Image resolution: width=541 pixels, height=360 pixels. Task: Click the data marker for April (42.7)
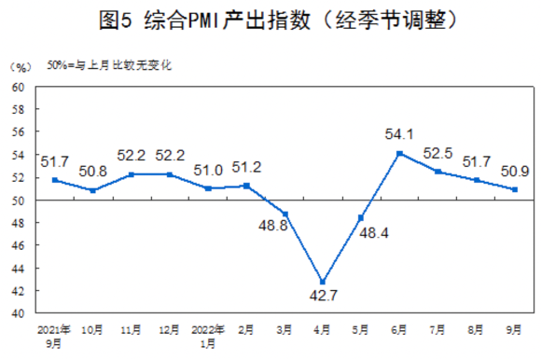tap(323, 282)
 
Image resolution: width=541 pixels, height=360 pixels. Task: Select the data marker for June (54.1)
tap(399, 153)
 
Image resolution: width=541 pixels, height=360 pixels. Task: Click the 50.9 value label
tap(516, 171)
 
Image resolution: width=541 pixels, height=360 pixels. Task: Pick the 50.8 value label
tap(92, 172)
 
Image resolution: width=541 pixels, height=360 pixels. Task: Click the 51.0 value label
tap(207, 170)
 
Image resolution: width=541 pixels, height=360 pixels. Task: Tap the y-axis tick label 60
tap(18, 88)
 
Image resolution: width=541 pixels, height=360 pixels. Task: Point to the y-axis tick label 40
tap(18, 313)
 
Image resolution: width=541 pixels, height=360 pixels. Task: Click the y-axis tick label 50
tap(18, 201)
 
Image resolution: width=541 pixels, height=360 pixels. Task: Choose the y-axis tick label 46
tap(18, 245)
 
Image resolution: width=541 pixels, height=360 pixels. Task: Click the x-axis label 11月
tap(131, 328)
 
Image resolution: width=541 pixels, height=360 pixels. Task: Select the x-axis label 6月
tap(399, 328)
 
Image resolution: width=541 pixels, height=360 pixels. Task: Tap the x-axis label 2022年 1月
tap(207, 334)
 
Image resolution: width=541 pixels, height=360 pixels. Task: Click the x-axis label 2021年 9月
tap(54, 334)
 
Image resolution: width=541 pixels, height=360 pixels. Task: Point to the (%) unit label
tap(20, 68)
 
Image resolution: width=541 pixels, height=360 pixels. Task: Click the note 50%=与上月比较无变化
tap(109, 67)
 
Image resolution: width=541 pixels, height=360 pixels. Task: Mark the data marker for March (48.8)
tap(284, 214)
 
